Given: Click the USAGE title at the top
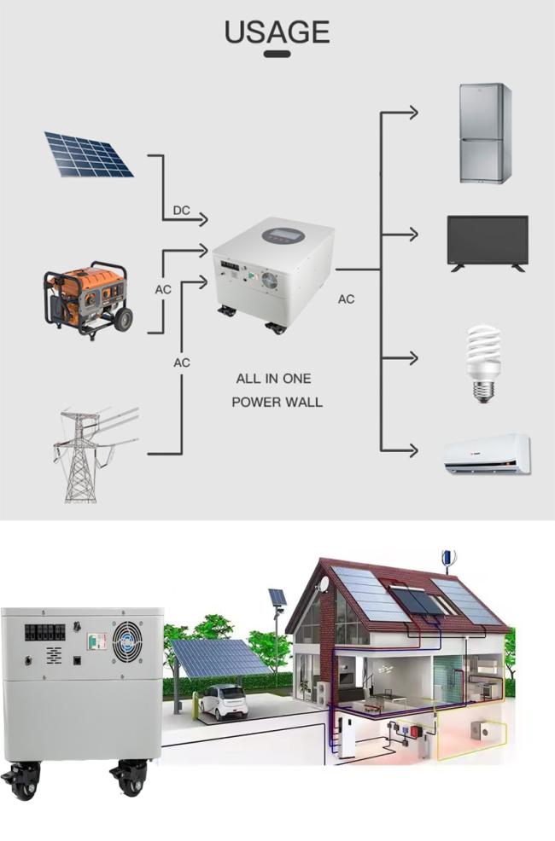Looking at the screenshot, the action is (x=277, y=32).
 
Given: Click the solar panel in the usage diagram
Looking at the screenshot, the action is (x=89, y=154).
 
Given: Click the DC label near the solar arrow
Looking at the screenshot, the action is (x=181, y=210).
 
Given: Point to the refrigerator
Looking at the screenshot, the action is (x=485, y=134).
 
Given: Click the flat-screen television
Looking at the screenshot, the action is (x=488, y=243).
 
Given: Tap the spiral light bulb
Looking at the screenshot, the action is (x=483, y=363).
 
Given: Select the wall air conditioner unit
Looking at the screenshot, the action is (x=487, y=454).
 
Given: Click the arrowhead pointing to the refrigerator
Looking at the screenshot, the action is (x=413, y=113).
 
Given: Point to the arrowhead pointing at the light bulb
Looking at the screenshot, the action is (x=413, y=357).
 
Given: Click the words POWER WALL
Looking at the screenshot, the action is (x=277, y=402).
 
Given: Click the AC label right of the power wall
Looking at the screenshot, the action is (x=346, y=299).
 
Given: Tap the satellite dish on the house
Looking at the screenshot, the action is (x=323, y=584).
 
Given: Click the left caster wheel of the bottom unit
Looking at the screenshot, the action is (x=21, y=781).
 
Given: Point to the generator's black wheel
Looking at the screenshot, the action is (x=123, y=320).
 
